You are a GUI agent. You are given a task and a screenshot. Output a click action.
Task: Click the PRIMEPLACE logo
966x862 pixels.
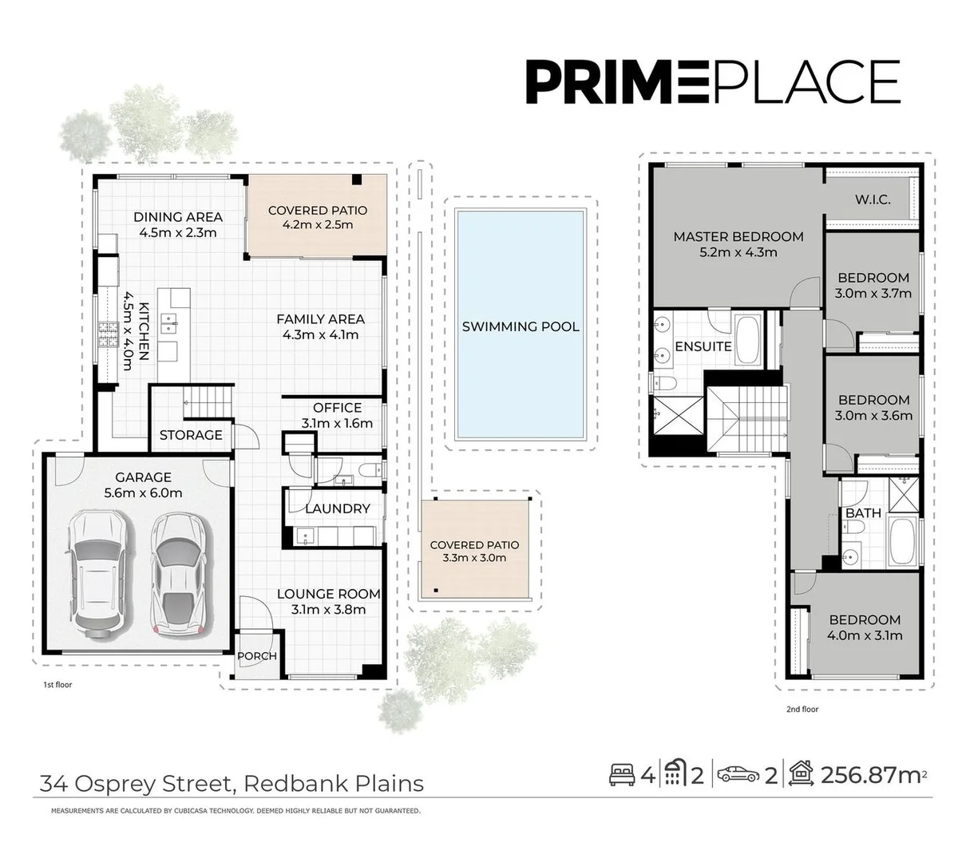tap(712, 81)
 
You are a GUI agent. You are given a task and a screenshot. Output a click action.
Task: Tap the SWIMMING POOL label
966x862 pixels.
tap(521, 326)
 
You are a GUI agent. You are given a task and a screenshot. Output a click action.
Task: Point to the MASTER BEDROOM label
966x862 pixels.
tap(738, 236)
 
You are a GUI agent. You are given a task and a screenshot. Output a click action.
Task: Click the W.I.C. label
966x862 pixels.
tap(873, 200)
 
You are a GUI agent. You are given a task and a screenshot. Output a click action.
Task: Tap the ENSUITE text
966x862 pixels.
tap(703, 346)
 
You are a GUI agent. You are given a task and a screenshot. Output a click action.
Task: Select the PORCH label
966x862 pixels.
tap(257, 656)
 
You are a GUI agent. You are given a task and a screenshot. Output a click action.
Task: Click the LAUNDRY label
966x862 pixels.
tap(337, 508)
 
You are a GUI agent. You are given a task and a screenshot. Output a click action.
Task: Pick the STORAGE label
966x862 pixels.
tap(191, 435)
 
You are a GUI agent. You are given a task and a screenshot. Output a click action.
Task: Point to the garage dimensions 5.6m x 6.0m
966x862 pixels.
tap(143, 493)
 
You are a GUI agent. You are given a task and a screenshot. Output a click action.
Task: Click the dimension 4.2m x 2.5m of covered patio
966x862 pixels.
tap(318, 225)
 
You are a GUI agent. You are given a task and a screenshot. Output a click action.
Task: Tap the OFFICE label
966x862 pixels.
tap(337, 408)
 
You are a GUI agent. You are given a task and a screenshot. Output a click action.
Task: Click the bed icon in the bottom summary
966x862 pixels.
tap(623, 774)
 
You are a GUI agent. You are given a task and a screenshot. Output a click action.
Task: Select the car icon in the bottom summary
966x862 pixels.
tap(737, 774)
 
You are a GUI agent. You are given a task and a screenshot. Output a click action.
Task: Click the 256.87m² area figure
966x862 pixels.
tap(873, 774)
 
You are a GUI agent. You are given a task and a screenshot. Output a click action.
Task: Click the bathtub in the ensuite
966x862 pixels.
tap(749, 340)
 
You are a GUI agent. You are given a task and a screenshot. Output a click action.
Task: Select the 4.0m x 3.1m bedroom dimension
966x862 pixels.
tap(865, 636)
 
